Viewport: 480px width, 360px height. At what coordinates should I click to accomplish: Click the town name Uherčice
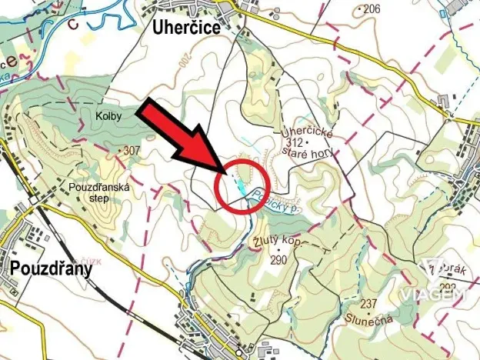point(184,28)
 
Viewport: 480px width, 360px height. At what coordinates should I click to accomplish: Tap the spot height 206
point(372,9)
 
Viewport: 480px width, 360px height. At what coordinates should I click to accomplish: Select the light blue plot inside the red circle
point(241,185)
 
